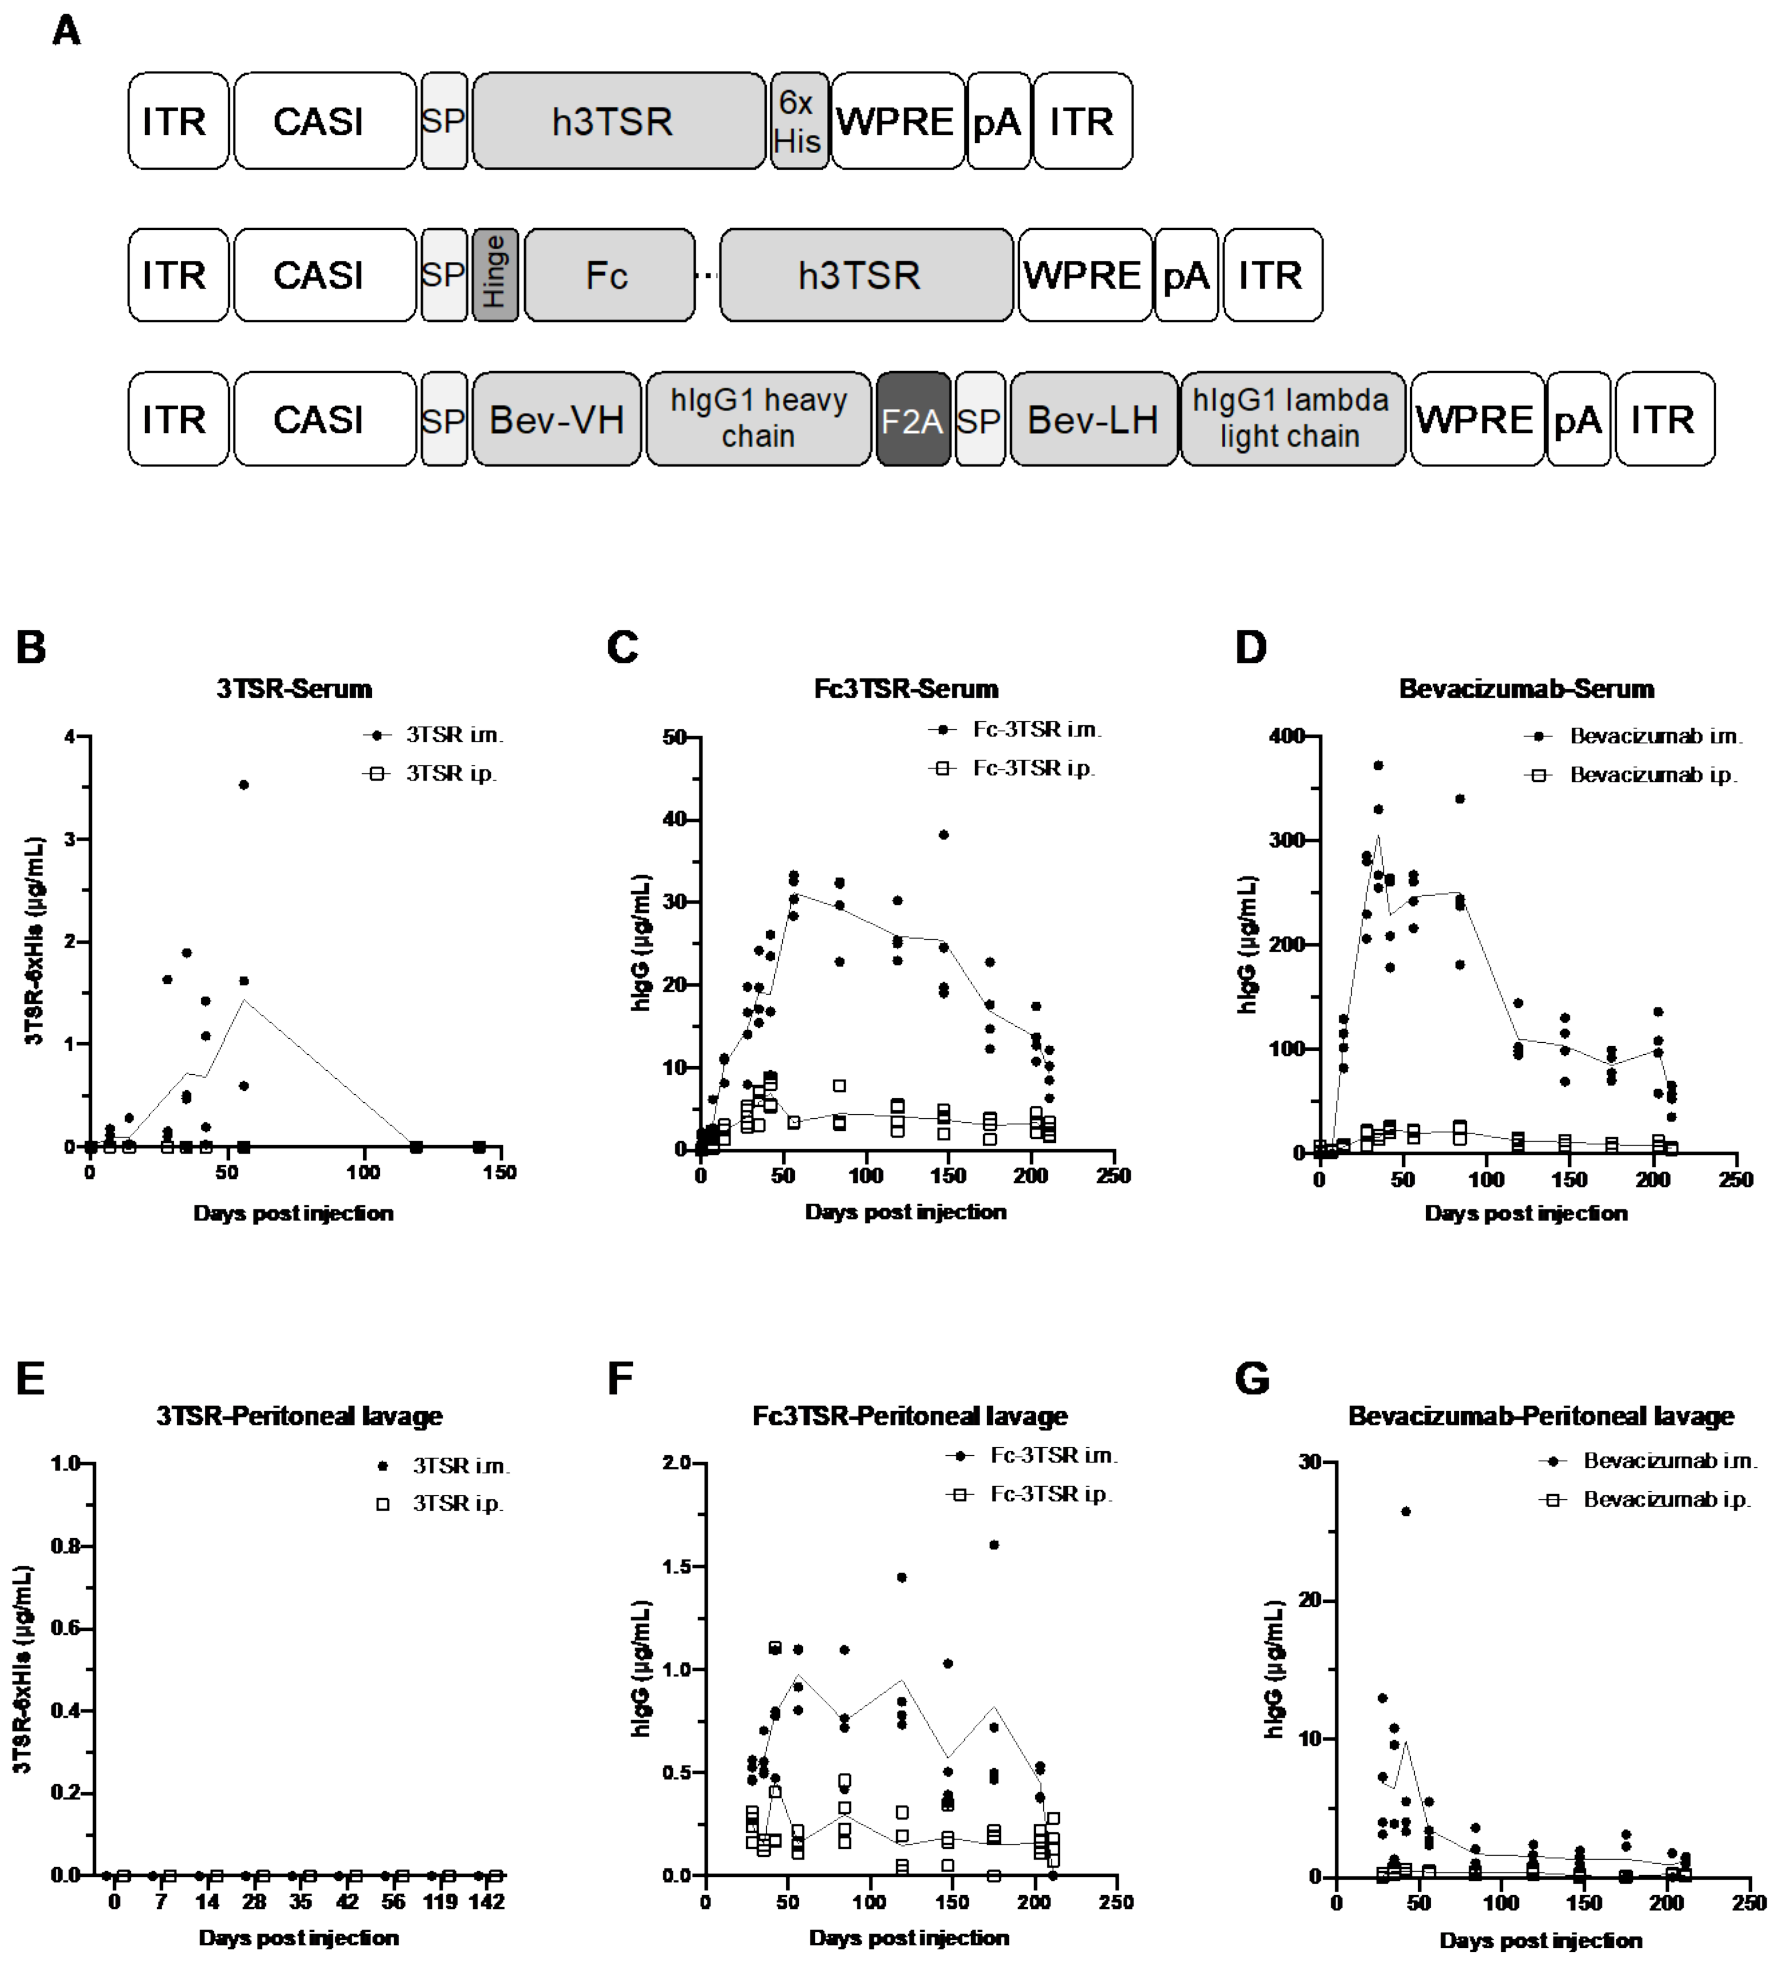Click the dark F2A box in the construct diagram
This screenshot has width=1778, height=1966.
913,419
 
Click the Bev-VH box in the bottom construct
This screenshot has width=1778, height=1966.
556,419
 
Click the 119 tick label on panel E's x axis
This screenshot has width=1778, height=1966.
441,1901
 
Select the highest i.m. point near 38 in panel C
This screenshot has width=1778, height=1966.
943,835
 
